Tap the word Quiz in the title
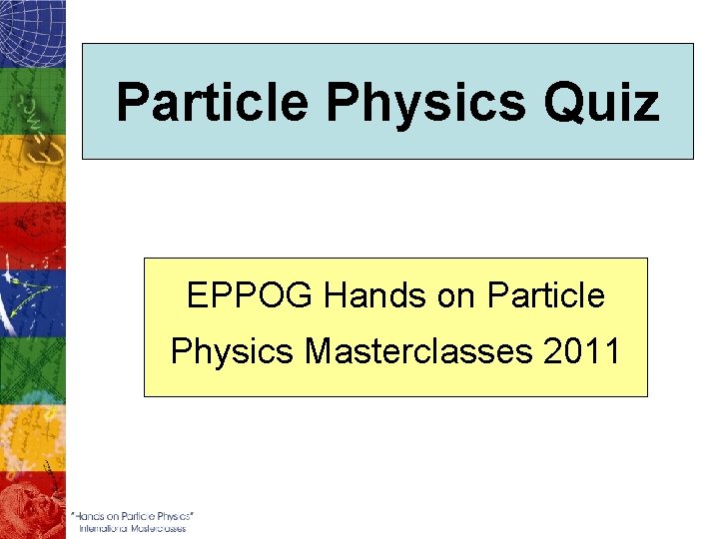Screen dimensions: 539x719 [x=609, y=103]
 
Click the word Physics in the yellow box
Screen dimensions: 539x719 [x=232, y=352]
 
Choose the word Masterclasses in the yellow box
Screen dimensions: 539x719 [x=422, y=352]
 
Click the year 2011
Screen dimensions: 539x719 [x=586, y=352]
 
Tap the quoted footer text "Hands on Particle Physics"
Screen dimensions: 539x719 [x=132, y=515]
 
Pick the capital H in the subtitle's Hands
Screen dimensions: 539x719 [x=336, y=296]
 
